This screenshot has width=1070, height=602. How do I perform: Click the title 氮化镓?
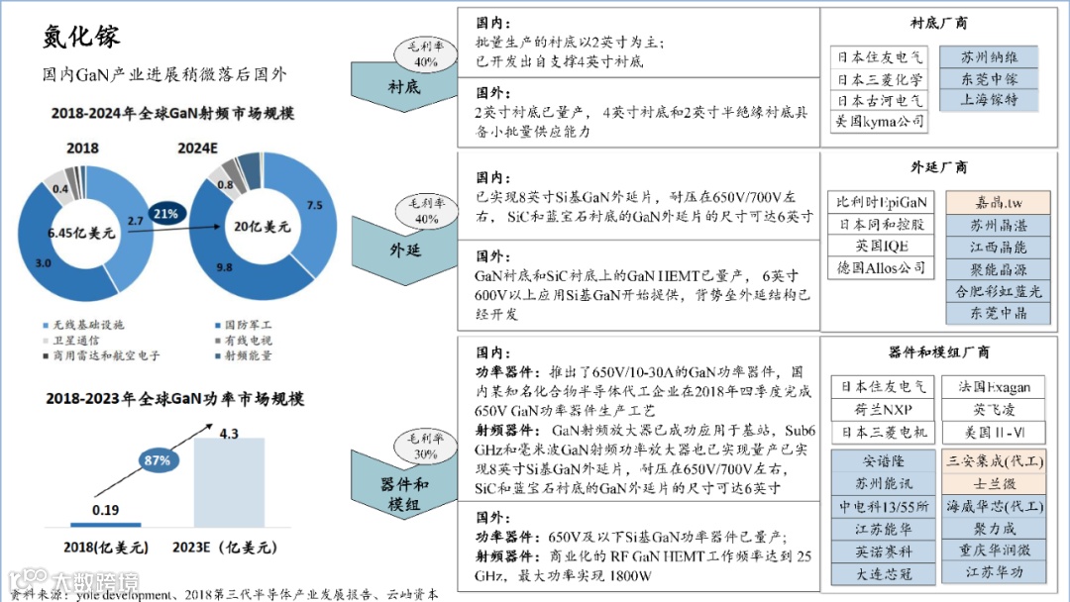(81, 38)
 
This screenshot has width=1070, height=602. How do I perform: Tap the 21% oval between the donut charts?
(167, 214)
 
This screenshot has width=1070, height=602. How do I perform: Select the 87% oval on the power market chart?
(157, 461)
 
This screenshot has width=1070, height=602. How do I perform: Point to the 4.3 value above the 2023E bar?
(229, 433)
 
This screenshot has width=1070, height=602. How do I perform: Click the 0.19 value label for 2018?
(106, 509)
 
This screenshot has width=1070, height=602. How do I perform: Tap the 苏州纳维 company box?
(989, 57)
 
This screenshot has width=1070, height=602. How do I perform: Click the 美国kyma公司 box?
(879, 122)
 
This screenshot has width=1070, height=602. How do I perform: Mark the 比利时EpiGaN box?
(882, 202)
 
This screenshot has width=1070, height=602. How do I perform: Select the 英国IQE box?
(882, 246)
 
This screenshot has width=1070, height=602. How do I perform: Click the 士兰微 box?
(994, 483)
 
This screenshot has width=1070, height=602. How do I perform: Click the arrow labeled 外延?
(404, 248)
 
